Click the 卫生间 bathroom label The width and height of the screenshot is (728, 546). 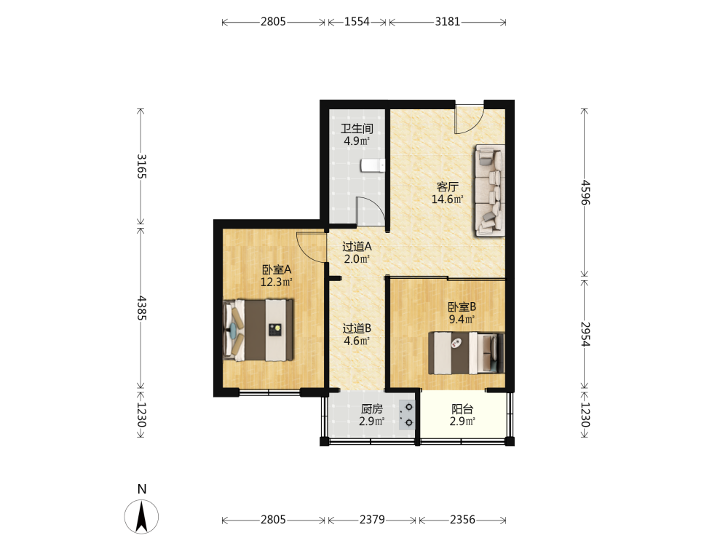[x=357, y=129]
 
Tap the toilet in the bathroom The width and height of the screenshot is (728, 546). [x=373, y=165]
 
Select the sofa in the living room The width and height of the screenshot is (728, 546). [x=489, y=190]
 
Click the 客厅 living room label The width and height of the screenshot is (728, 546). [x=447, y=186]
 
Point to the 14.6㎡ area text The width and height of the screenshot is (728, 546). [x=447, y=199]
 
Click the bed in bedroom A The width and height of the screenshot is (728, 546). [x=258, y=330]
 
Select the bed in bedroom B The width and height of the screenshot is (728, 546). [x=466, y=353]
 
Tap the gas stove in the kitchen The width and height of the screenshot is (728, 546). [x=407, y=415]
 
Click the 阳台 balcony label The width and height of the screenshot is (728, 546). [x=462, y=409]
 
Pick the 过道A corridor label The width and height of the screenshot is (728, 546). [x=357, y=247]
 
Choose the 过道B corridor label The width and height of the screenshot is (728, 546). [x=357, y=328]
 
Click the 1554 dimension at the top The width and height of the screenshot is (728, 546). [x=357, y=21]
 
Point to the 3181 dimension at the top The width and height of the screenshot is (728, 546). [x=447, y=21]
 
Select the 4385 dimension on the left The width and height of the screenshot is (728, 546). [x=141, y=308]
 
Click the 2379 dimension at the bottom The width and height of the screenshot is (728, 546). [x=372, y=519]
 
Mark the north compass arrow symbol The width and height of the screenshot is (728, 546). [x=141, y=516]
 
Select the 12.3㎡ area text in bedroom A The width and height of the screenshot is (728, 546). [x=276, y=282]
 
